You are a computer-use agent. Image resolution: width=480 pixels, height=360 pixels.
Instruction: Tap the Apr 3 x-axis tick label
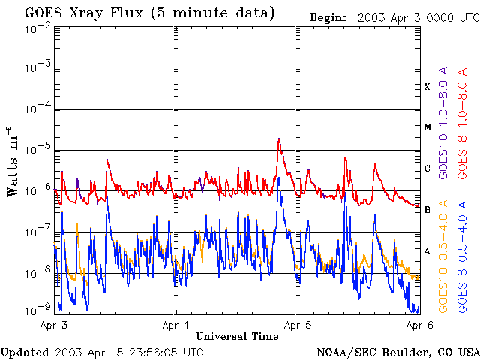(54, 325)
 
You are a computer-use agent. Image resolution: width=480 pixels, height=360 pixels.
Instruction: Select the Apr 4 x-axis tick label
(176, 325)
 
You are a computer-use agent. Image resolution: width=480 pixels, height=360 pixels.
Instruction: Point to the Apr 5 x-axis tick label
(298, 325)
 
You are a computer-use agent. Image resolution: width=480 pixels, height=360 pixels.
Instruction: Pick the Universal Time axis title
(237, 336)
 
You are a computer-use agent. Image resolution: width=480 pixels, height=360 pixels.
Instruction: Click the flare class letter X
(427, 87)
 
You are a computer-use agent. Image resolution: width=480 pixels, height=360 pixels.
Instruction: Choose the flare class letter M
(427, 127)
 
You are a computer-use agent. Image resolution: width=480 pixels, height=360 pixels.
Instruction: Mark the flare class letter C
(427, 169)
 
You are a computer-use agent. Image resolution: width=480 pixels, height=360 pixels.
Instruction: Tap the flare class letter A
(427, 251)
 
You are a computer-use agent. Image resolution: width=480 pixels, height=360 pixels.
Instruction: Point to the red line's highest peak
(279, 139)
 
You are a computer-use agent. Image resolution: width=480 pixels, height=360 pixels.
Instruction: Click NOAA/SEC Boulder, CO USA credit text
(397, 352)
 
